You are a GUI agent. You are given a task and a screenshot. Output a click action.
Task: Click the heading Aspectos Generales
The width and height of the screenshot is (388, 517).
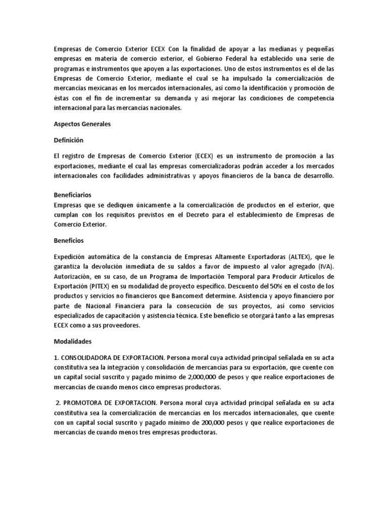point(82,124)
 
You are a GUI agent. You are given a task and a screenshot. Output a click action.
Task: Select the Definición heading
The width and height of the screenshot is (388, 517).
point(68,140)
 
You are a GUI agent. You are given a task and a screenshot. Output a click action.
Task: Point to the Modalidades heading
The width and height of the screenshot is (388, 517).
point(73,342)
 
